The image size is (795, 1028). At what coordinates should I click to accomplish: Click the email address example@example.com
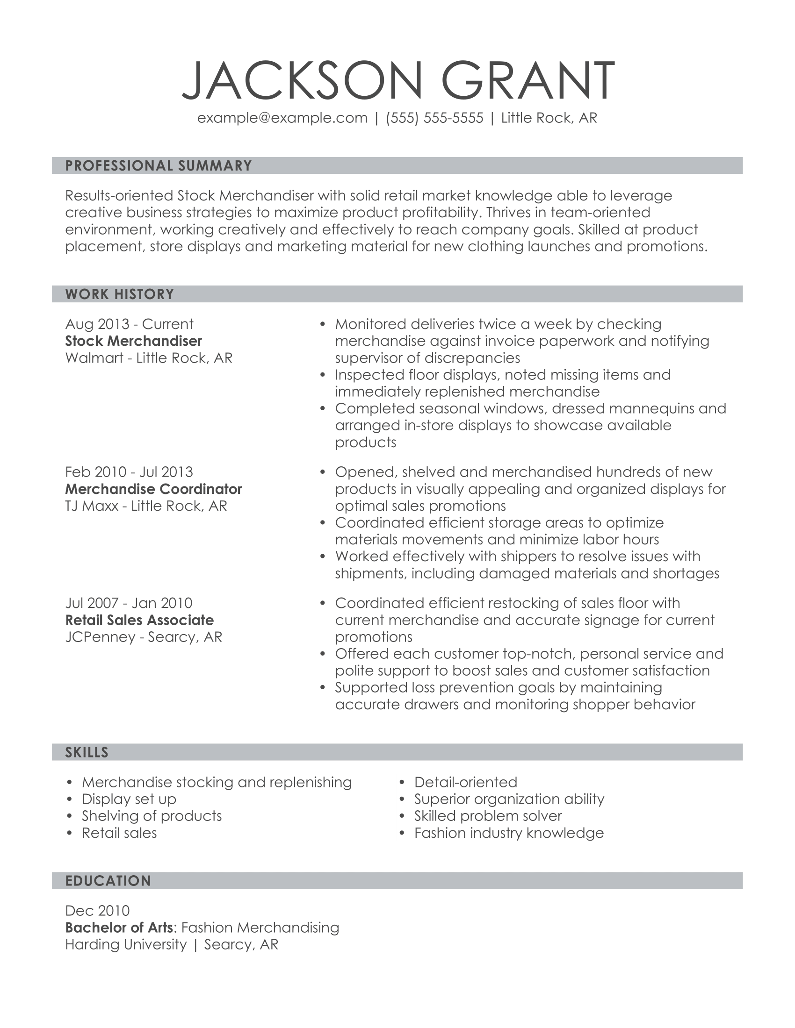pyautogui.click(x=282, y=118)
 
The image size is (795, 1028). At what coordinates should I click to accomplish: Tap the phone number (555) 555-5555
pyautogui.click(x=434, y=118)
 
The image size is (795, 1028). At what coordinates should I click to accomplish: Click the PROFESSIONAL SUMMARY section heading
pyautogui.click(x=159, y=166)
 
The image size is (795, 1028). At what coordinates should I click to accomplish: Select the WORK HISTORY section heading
pyautogui.click(x=120, y=294)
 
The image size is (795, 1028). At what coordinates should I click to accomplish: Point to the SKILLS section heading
pyautogui.click(x=87, y=752)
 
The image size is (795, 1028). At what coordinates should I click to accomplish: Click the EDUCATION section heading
pyautogui.click(x=108, y=881)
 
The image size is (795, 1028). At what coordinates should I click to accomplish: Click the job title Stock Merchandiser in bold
pyautogui.click(x=134, y=341)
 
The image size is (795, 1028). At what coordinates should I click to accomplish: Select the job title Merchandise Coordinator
pyautogui.click(x=153, y=489)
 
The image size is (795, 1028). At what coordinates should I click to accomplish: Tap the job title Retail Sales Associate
pyautogui.click(x=139, y=620)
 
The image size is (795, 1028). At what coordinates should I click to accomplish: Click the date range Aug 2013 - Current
pyautogui.click(x=129, y=324)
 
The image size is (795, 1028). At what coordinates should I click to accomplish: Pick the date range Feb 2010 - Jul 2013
pyautogui.click(x=129, y=472)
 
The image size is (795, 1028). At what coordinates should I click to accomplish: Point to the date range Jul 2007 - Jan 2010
pyautogui.click(x=129, y=603)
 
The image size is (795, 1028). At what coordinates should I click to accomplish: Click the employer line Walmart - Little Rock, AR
pyautogui.click(x=149, y=358)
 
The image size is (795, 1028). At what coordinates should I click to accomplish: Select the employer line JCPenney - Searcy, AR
pyautogui.click(x=144, y=637)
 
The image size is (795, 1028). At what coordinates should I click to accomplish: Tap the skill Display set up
pyautogui.click(x=129, y=799)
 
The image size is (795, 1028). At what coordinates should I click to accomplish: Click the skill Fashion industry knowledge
pyautogui.click(x=509, y=833)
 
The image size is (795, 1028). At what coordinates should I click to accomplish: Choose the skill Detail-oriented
pyautogui.click(x=465, y=782)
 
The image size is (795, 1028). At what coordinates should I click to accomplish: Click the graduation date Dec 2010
pyautogui.click(x=97, y=911)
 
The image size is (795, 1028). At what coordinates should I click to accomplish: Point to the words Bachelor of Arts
pyautogui.click(x=119, y=928)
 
